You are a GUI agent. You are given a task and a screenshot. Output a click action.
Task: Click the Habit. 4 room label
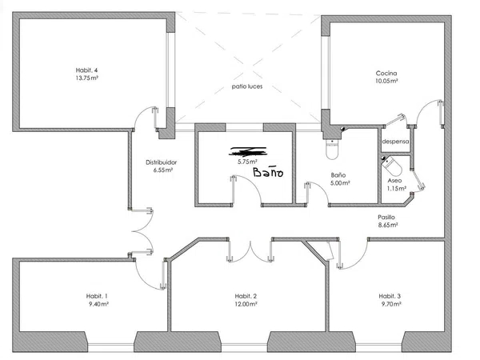[x=86, y=70]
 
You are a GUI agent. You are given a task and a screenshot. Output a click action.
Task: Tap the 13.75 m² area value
[x=87, y=78]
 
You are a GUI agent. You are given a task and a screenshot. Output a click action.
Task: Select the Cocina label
[x=386, y=73]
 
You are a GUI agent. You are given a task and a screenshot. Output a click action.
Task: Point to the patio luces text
[x=247, y=86]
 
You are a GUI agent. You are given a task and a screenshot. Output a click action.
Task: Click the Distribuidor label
[x=162, y=162]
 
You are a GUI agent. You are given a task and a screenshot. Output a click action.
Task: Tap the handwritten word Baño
[x=268, y=172]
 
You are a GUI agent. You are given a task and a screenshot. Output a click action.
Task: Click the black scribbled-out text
[x=248, y=151]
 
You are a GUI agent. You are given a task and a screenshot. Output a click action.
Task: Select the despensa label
[x=395, y=142]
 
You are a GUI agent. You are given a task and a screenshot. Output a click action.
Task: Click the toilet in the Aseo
[x=391, y=166]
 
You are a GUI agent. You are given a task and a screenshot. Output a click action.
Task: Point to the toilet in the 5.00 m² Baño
[x=332, y=150]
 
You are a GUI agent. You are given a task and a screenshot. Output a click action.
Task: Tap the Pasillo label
[x=386, y=217]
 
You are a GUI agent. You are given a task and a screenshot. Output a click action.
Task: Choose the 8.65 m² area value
[x=387, y=225]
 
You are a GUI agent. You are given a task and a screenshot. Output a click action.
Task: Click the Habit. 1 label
[x=97, y=296]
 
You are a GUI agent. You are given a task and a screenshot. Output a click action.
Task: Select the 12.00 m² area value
[x=246, y=304]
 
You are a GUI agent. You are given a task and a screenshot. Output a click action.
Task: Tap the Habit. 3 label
[x=390, y=296]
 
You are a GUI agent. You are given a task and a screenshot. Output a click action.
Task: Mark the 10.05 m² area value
[x=386, y=81]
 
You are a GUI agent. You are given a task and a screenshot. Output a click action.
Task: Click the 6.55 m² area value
[x=163, y=170]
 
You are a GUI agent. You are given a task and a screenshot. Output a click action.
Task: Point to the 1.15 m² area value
[x=397, y=189]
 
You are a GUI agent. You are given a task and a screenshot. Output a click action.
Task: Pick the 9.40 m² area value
[x=99, y=304]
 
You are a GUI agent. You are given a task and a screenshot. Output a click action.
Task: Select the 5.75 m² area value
[x=248, y=162]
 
